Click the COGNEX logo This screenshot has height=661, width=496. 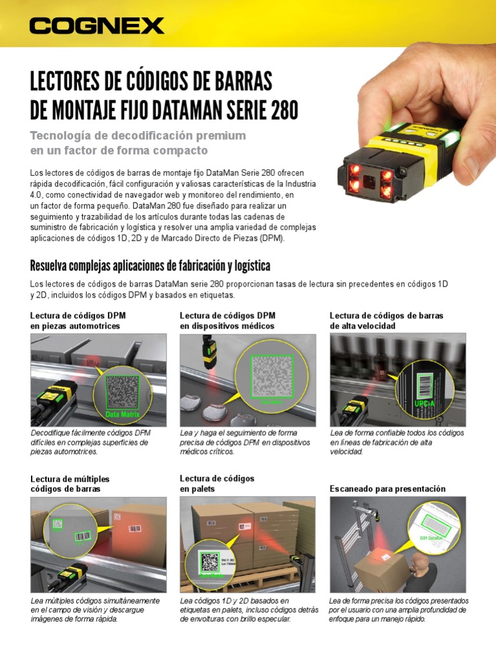click(97, 26)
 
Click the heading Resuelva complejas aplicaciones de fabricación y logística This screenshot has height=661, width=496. click(150, 266)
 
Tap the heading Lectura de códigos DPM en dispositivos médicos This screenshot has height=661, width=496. click(227, 320)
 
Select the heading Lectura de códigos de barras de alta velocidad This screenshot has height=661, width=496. click(386, 320)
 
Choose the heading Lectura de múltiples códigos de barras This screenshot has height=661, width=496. click(70, 483)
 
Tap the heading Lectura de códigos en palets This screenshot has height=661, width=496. click(217, 483)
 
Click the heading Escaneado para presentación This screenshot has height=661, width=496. click(387, 489)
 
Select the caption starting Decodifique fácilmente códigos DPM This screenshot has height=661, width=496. click(90, 442)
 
